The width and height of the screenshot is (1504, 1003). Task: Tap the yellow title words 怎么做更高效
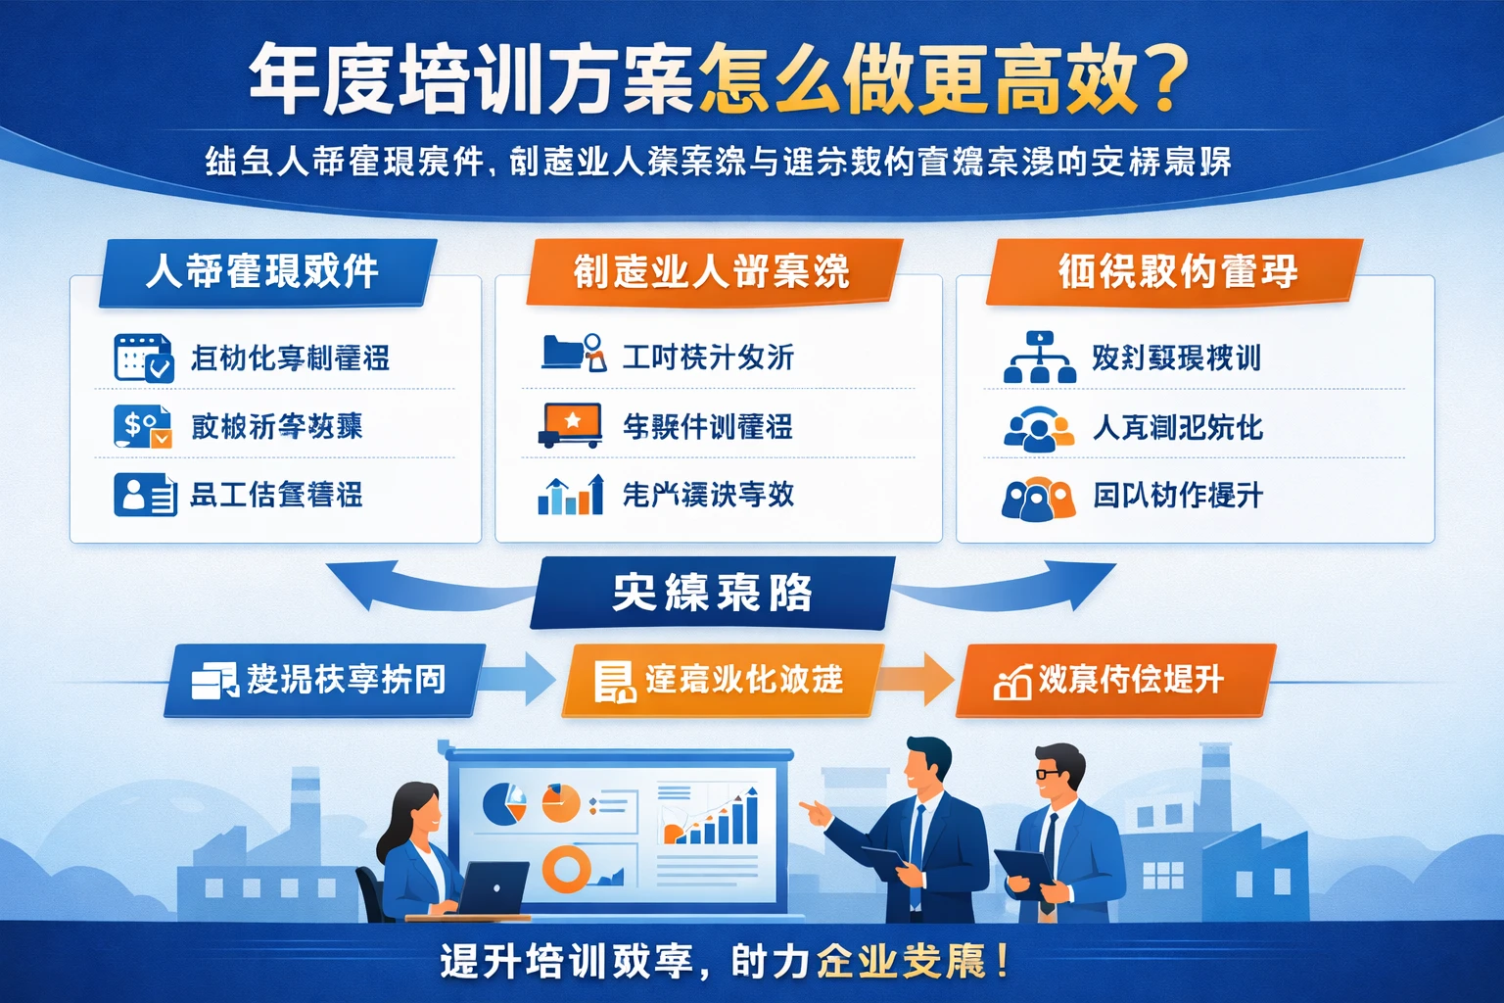920,78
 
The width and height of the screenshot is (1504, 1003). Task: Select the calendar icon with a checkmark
143,358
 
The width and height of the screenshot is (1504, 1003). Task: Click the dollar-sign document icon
142,426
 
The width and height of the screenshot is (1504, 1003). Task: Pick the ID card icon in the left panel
145,495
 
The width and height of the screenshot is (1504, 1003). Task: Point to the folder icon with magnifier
574,354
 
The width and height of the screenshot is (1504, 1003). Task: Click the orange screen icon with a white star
570,424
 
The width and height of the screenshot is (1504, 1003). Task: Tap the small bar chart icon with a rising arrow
571,495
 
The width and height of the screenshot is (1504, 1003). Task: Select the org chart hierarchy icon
1039,358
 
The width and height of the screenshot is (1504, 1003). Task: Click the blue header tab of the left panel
264,271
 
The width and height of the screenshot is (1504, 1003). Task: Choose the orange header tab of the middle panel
712,271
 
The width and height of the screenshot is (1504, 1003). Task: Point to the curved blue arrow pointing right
1018,585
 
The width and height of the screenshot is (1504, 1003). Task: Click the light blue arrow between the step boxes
521,679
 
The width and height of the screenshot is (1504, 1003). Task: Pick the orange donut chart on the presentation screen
567,868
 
